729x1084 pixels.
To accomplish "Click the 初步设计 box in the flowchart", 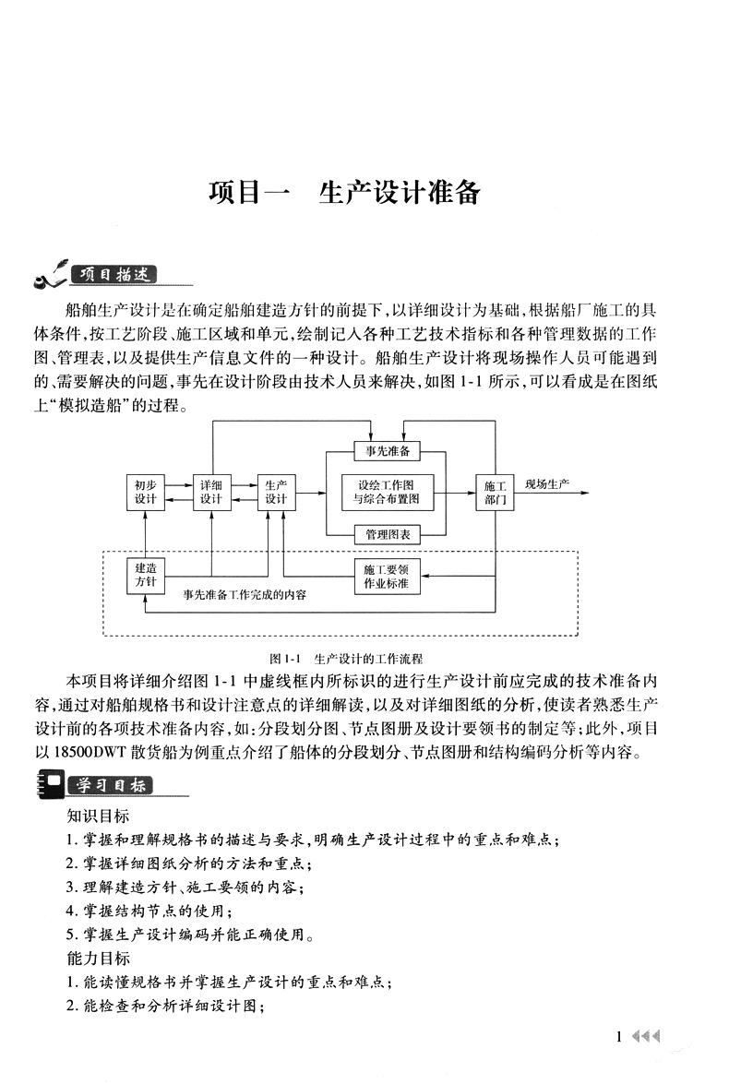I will pyautogui.click(x=145, y=492).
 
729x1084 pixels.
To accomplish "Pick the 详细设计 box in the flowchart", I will pyautogui.click(x=211, y=492).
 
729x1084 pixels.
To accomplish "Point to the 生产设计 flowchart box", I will pyautogui.click(x=277, y=492).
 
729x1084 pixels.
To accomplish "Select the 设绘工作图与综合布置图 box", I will pyautogui.click(x=387, y=492).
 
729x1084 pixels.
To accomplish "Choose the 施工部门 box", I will pyautogui.click(x=495, y=492).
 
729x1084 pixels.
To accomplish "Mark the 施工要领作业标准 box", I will pyautogui.click(x=387, y=576).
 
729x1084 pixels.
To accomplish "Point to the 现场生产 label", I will pyautogui.click(x=547, y=484).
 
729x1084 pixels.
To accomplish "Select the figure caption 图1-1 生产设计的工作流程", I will pyautogui.click(x=345, y=659).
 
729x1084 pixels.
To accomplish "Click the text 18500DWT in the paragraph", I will pyautogui.click(x=94, y=752).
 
